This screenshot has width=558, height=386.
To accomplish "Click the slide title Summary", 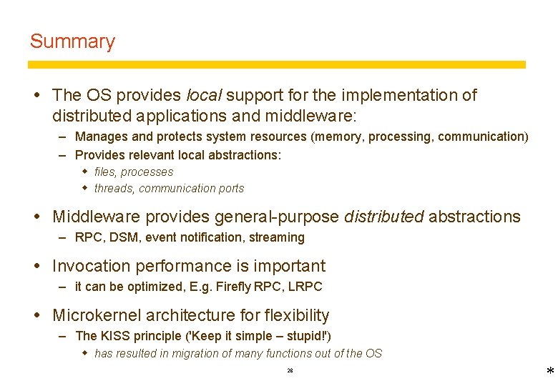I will (x=72, y=41).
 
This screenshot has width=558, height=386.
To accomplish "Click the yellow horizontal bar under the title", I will (x=276, y=64).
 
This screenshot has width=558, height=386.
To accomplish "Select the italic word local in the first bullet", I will (x=205, y=95).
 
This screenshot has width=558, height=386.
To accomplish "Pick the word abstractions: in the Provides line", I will (x=244, y=155).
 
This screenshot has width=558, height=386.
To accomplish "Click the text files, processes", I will (x=134, y=172).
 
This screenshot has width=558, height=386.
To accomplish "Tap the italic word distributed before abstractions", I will (x=383, y=217).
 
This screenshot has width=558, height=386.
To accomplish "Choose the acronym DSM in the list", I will (x=123, y=237).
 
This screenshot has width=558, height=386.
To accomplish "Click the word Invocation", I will (x=91, y=266).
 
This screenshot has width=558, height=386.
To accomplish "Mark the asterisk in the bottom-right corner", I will (x=549, y=372).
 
